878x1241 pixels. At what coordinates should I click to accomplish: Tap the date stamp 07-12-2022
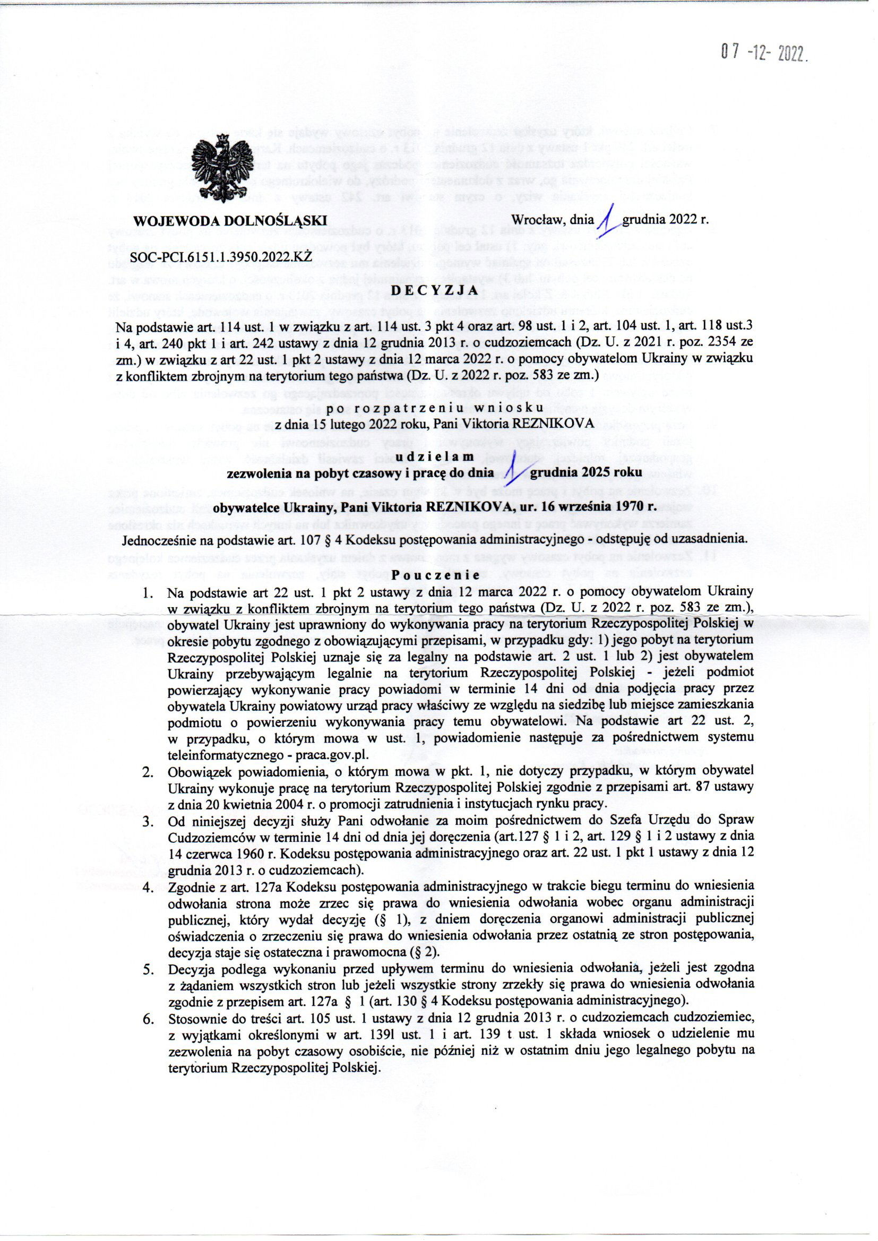pos(763,54)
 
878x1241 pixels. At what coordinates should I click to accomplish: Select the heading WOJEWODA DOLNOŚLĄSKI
pos(230,220)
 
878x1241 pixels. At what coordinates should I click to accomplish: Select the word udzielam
pos(435,457)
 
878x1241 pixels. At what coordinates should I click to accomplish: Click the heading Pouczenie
pos(435,575)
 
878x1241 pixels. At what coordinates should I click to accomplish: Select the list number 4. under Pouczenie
pos(147,886)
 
